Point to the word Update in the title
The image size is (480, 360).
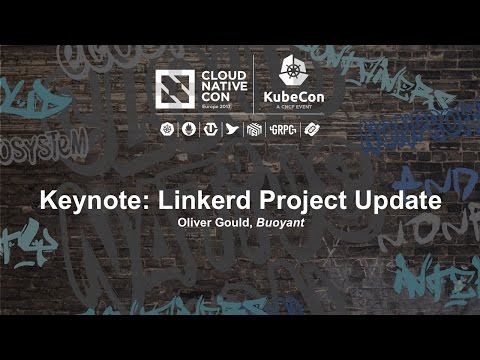pos(391,200)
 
